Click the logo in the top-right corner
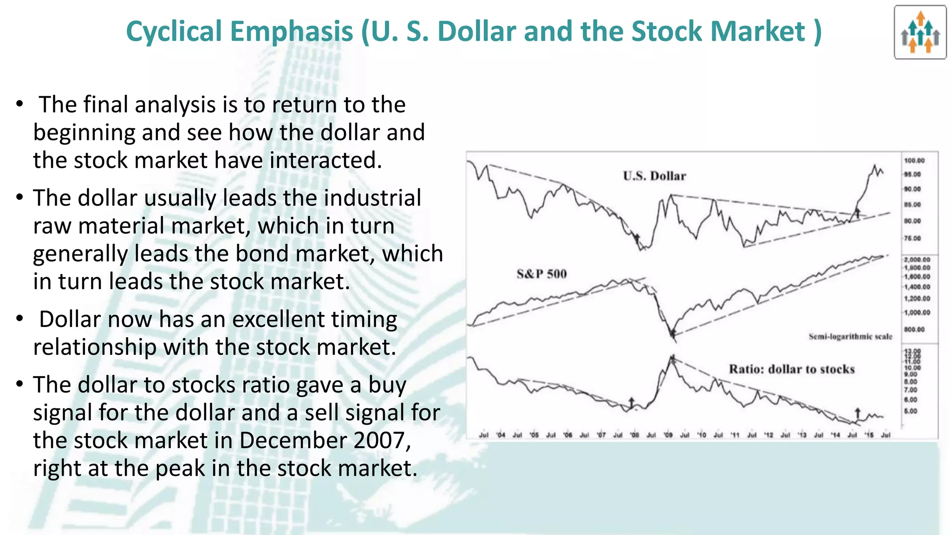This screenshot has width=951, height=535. [920, 32]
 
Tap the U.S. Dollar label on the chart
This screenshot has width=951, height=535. [654, 176]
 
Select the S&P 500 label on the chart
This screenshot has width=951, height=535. [541, 274]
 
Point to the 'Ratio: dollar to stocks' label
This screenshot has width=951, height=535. [791, 369]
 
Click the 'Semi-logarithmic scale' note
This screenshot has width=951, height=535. [850, 337]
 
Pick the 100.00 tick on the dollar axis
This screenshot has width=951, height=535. [914, 161]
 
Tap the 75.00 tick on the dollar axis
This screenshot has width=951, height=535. [912, 238]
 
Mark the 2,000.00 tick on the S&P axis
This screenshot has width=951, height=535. [917, 260]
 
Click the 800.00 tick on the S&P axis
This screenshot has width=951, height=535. [914, 329]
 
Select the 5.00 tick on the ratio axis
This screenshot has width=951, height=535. [911, 411]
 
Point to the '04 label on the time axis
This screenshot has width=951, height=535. [501, 435]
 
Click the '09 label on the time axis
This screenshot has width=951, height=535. [668, 435]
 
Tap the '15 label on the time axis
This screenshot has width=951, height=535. [869, 435]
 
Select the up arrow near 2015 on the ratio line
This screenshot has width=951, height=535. [858, 413]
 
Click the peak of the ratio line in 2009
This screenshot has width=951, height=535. [672, 357]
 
